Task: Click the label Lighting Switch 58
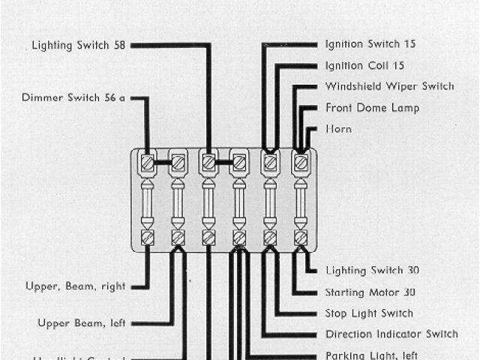[x=78, y=45]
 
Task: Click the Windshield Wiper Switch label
[x=389, y=86]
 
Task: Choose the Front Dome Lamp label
[x=372, y=108]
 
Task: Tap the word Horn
[x=338, y=129]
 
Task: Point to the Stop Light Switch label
[x=369, y=313]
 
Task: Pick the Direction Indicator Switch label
[x=391, y=334]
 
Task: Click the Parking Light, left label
[x=371, y=355]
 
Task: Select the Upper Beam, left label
[x=81, y=322]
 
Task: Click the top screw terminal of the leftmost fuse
[x=148, y=161]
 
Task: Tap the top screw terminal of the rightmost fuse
[x=301, y=161]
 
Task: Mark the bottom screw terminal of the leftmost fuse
[x=148, y=238]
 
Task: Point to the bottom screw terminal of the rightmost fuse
[x=301, y=238]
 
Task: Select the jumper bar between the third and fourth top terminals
[x=223, y=161]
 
